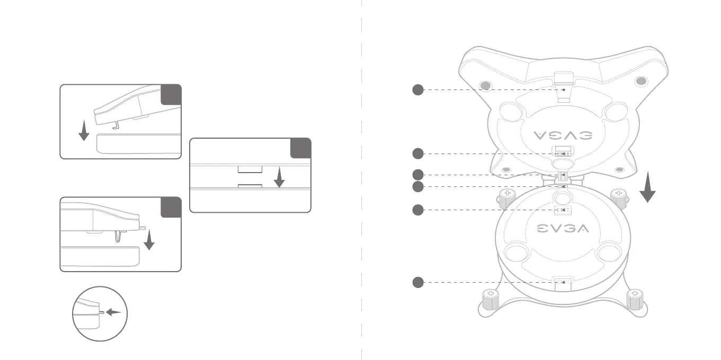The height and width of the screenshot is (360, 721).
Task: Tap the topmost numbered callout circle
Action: pos(418,90)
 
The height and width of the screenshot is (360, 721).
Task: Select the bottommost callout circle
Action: pos(418,283)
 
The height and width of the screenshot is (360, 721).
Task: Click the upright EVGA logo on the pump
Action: pos(563,229)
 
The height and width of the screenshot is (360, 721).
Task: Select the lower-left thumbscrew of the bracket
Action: pos(491,299)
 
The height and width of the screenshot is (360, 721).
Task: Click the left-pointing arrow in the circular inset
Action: pos(113,312)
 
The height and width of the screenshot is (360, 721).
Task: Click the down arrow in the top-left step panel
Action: pos(83,130)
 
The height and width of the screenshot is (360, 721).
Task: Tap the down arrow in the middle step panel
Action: pos(279,177)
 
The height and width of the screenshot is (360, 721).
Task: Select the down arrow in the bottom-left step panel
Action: pos(149,240)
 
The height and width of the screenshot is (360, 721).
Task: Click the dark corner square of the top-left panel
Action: pos(171,94)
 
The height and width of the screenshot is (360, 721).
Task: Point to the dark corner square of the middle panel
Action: pos(300,148)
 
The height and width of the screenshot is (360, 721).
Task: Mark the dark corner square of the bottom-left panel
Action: pos(171,207)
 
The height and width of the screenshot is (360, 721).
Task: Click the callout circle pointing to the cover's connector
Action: pos(418,154)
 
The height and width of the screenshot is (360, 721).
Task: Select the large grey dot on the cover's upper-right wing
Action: pos(640,82)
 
